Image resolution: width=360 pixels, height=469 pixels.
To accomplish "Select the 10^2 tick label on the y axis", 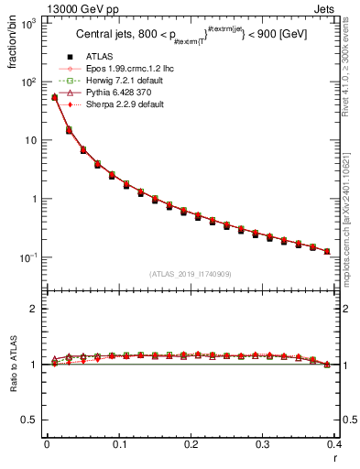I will pos(27,82).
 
